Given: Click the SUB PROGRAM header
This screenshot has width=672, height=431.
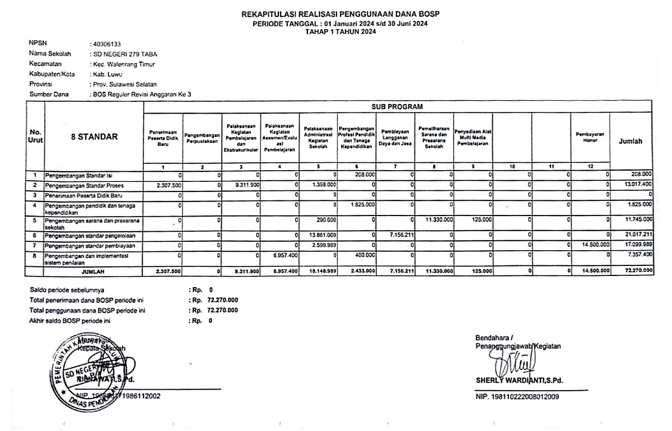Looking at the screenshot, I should click(397, 106).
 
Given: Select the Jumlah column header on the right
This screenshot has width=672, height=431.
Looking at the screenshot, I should click(631, 142).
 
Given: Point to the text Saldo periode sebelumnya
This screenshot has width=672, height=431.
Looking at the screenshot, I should click(67, 291).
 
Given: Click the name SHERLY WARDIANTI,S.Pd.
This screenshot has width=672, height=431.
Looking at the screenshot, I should click(519, 382).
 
